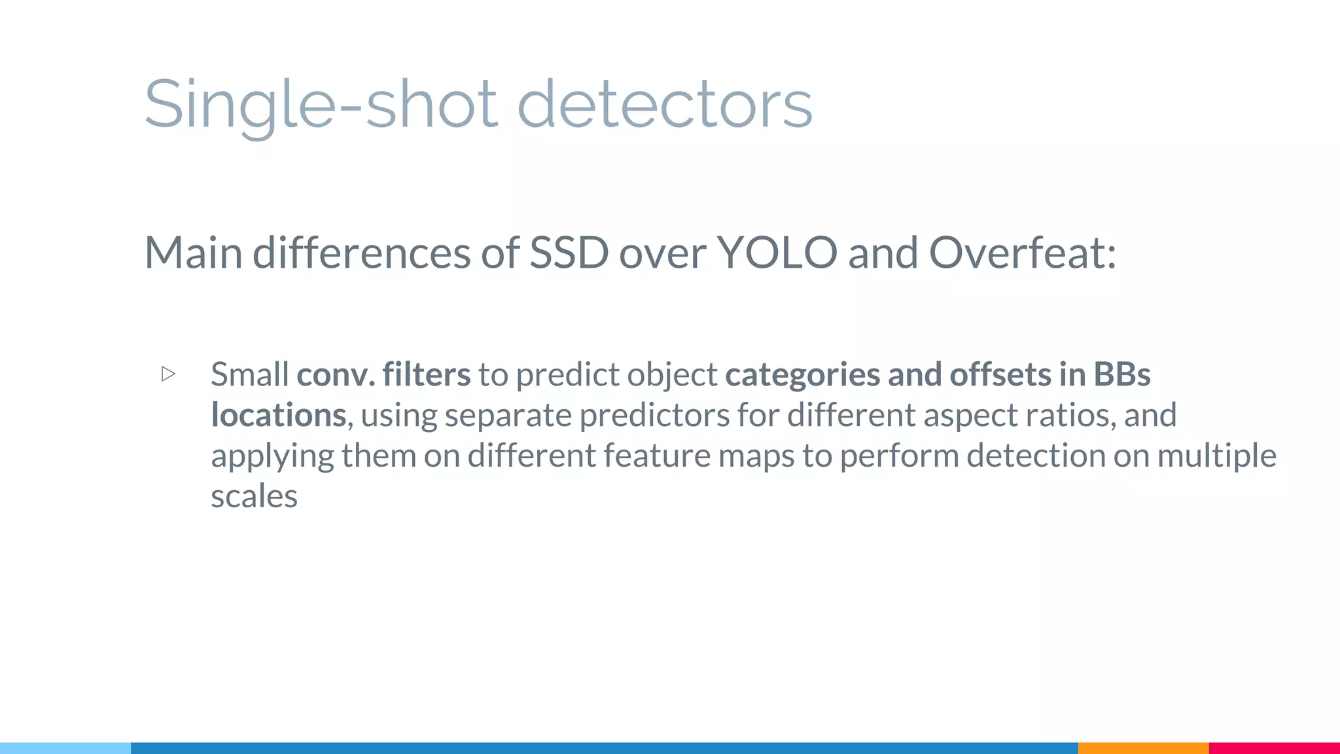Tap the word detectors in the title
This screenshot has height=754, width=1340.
click(665, 105)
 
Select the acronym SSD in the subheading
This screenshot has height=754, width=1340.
click(569, 253)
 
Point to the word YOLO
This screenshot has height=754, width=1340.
click(777, 253)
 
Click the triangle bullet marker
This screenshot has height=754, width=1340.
click(168, 374)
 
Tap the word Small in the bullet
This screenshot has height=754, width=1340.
click(249, 374)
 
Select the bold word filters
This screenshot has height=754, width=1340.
click(426, 374)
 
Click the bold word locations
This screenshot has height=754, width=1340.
click(278, 415)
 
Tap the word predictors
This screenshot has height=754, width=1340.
click(654, 415)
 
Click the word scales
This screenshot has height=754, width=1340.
click(254, 496)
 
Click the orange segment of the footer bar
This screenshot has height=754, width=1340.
click(1143, 747)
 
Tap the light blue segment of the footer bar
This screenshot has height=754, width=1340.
click(65, 747)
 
